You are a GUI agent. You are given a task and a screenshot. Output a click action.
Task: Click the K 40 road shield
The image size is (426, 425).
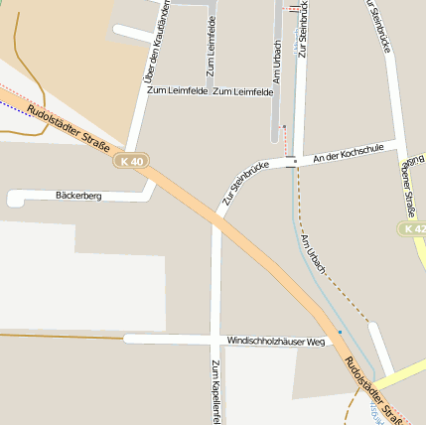(x=130, y=161)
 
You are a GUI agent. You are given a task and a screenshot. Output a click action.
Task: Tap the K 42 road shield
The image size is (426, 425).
(x=414, y=229)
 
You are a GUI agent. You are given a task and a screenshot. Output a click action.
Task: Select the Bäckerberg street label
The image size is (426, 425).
(x=79, y=197)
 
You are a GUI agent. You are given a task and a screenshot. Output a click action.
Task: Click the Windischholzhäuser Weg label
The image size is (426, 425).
(x=276, y=341)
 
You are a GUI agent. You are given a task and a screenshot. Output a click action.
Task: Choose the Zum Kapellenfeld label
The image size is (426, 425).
(x=215, y=389)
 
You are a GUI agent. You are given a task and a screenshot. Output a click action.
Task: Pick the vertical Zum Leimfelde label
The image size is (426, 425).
(x=211, y=48)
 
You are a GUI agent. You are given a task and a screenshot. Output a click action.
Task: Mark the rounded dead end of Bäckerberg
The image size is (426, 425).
(x=13, y=199)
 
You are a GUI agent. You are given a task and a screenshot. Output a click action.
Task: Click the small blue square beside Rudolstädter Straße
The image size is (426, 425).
(x=340, y=332)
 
